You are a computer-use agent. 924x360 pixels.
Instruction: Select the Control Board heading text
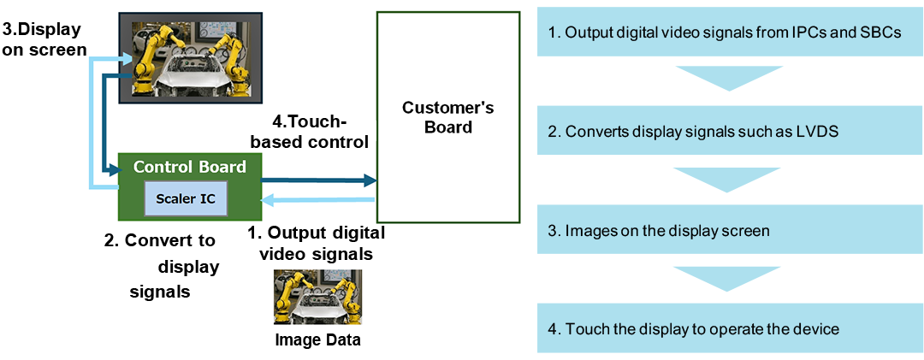click(x=190, y=167)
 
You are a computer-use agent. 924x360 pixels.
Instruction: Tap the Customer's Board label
click(x=447, y=117)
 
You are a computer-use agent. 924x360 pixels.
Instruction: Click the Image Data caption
click(x=317, y=339)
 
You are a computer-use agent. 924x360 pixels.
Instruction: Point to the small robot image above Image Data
click(x=317, y=297)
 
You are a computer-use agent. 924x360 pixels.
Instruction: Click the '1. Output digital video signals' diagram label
click(x=316, y=243)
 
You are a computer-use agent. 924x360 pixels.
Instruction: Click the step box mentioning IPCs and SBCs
click(x=730, y=33)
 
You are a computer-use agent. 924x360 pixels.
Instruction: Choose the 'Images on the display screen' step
click(x=730, y=231)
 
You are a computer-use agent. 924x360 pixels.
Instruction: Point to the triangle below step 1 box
click(x=730, y=76)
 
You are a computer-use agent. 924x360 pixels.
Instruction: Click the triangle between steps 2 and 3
click(x=730, y=177)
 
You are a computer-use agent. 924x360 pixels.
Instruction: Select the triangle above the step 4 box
click(x=730, y=275)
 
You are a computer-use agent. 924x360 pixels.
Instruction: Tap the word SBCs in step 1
click(x=879, y=33)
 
